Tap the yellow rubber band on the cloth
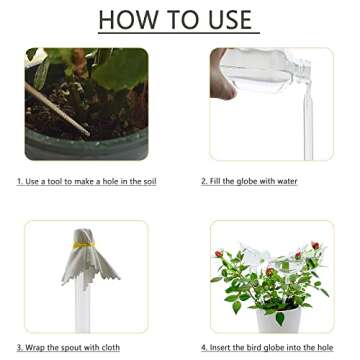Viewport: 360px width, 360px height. (87, 241)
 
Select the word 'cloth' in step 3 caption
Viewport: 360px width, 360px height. (108, 348)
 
